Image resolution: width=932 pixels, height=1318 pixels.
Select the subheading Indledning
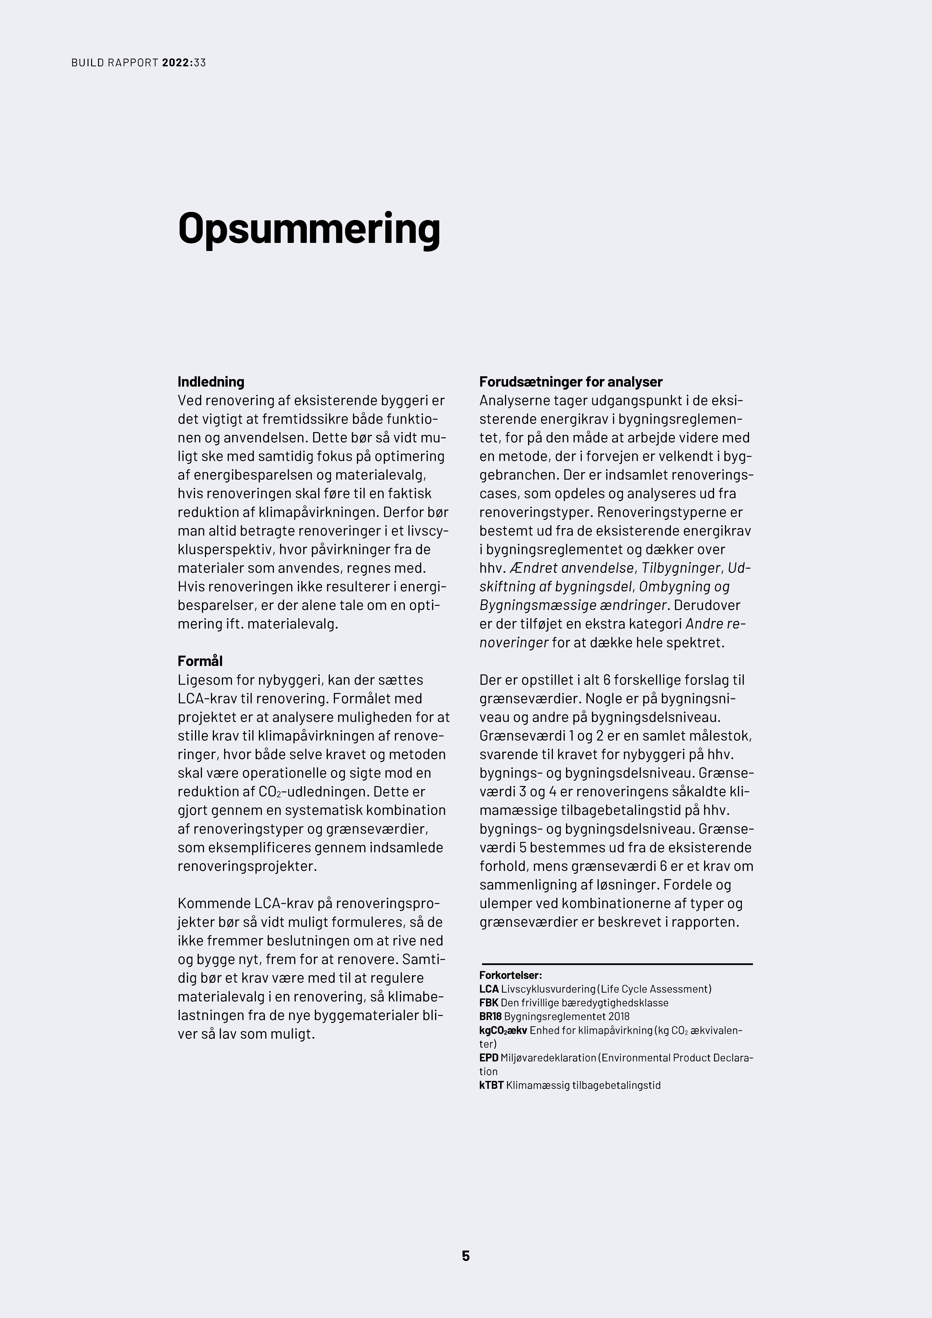211,382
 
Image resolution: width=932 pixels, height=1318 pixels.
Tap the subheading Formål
200,661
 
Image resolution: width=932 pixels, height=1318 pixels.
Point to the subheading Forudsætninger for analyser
571,382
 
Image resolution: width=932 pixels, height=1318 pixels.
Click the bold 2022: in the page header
178,63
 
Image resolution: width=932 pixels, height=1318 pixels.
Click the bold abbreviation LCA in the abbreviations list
489,989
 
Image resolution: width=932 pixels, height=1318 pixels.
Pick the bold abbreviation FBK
489,1003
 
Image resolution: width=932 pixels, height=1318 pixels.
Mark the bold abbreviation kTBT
491,1085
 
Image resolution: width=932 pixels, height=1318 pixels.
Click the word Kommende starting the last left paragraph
214,904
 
